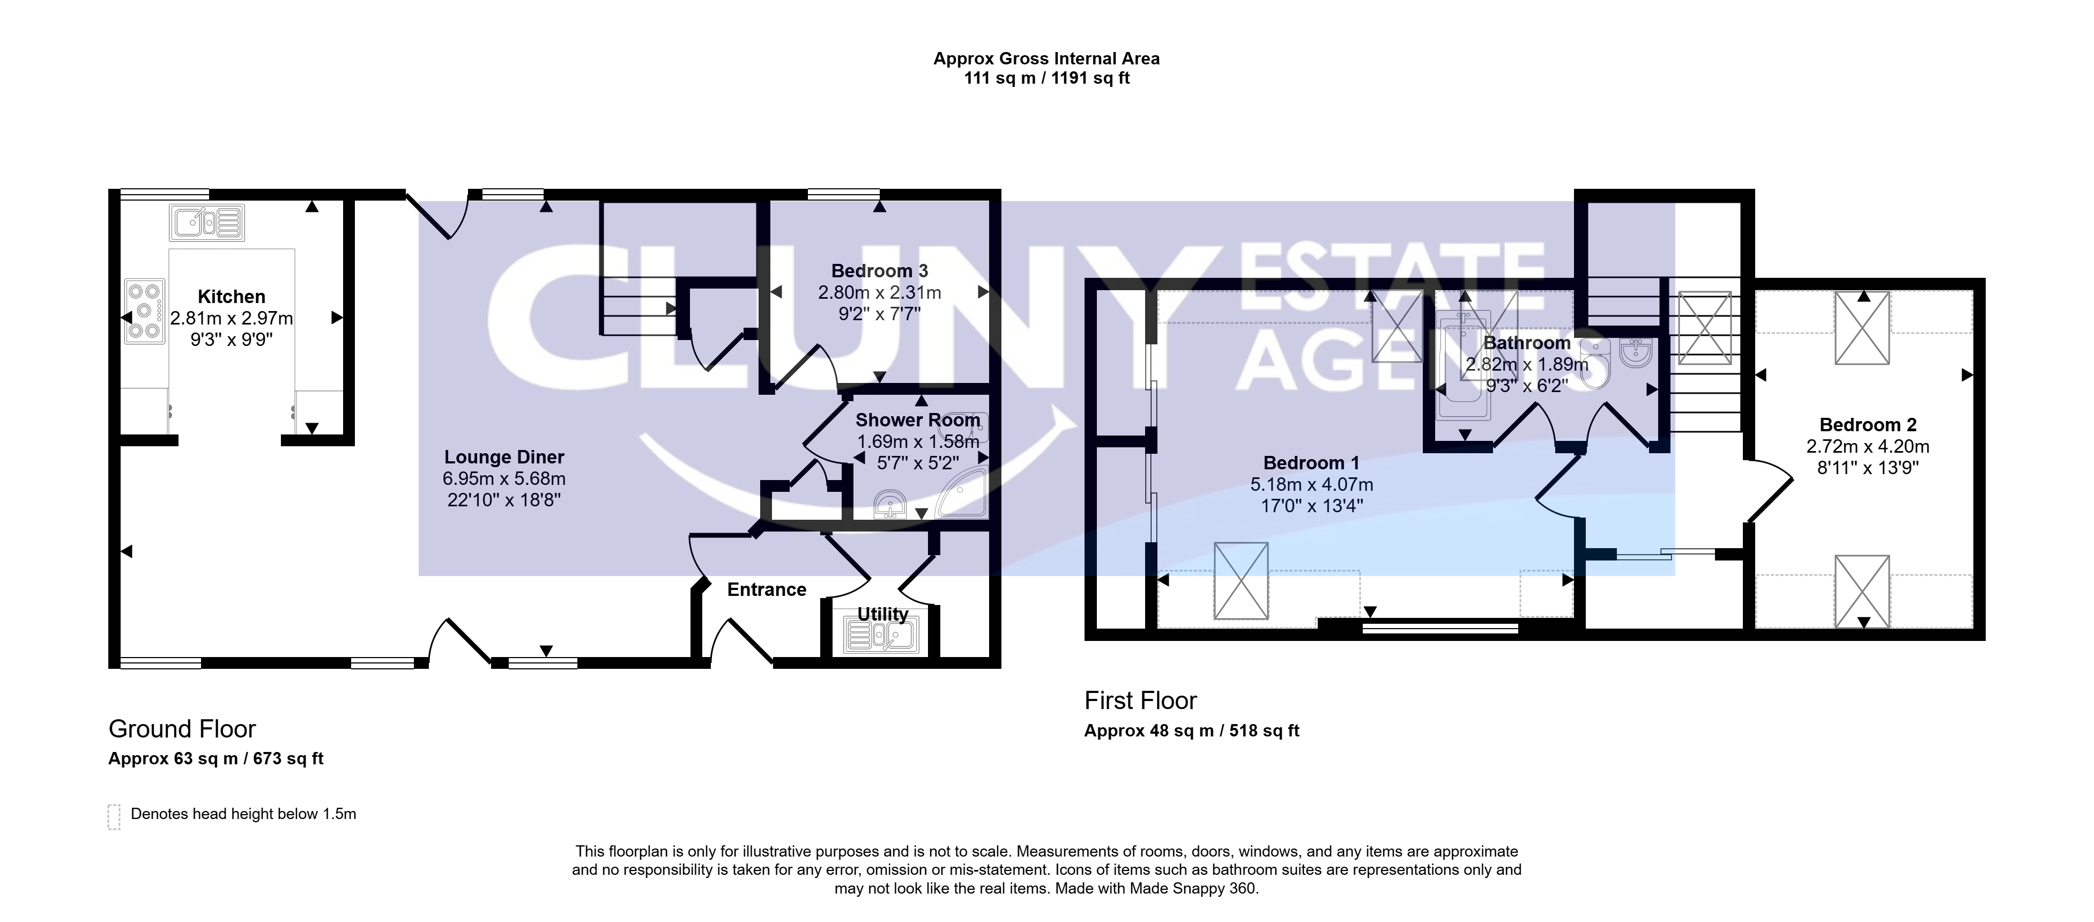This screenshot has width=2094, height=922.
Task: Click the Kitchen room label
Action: (x=231, y=297)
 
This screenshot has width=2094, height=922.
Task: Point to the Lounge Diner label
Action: (x=504, y=457)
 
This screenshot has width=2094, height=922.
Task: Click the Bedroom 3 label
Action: (x=880, y=271)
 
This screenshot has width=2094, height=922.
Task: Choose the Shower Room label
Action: (x=918, y=421)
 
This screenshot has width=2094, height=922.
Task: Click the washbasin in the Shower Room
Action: (x=891, y=504)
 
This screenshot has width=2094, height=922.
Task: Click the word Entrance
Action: (x=767, y=589)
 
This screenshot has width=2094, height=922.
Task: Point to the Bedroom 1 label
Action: (x=1311, y=463)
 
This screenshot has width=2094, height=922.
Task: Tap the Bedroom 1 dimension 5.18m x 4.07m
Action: (x=1311, y=484)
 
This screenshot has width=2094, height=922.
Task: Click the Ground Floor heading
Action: (x=182, y=728)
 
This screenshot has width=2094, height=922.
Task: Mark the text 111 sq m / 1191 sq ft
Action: (x=1047, y=78)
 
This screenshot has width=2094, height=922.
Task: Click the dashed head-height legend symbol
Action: (x=114, y=816)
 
